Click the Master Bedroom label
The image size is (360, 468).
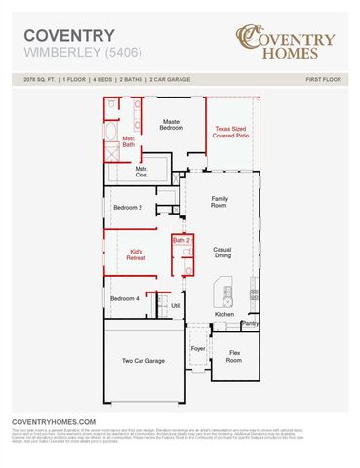click(173, 125)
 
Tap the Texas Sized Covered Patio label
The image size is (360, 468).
click(230, 133)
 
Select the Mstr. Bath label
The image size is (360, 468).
click(128, 142)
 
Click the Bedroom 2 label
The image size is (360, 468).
click(127, 208)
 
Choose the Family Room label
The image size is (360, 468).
click(220, 202)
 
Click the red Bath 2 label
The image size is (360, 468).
click(180, 239)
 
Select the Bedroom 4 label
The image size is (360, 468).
click(124, 298)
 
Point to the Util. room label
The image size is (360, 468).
click(176, 305)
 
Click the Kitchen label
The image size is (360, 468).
click(224, 314)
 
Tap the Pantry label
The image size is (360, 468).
click(250, 323)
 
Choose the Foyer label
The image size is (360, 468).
click(198, 348)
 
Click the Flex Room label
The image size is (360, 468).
click(234, 357)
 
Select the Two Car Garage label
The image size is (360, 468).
click(143, 361)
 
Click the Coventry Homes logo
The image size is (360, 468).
click(286, 41)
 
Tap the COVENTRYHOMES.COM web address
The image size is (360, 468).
click(54, 421)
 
